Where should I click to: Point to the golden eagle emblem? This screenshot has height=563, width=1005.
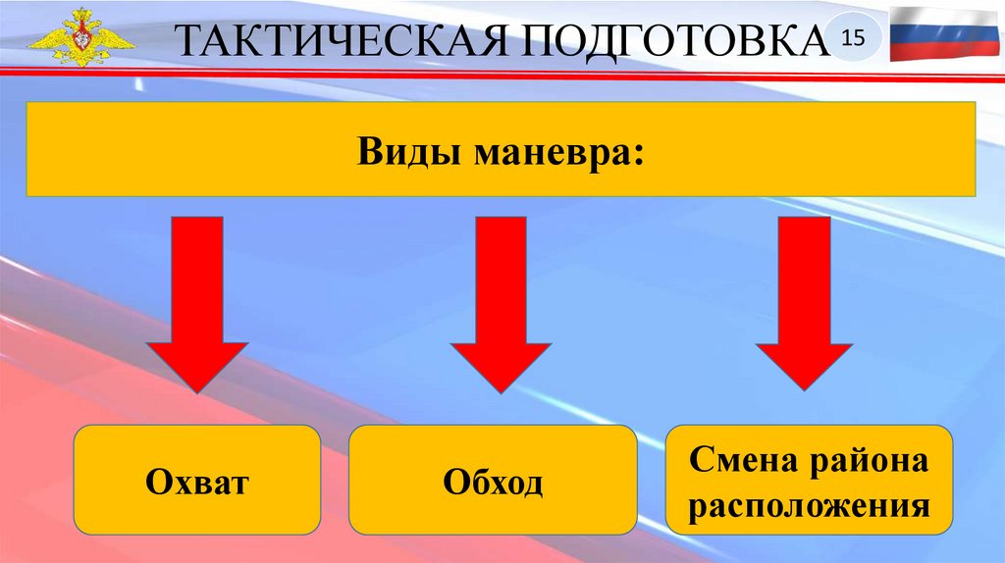pos(80,38)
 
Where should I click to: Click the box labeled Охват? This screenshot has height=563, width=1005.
pos(197,479)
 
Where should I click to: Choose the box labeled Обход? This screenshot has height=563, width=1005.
pos(493,479)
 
